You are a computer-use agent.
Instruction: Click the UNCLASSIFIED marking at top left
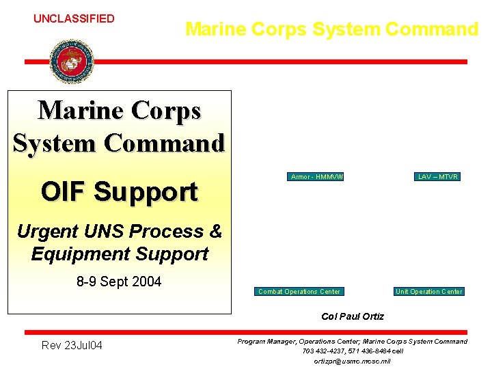tap(74, 18)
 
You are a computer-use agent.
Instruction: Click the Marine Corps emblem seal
tap(71, 61)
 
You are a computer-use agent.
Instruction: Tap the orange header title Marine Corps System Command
tap(331, 29)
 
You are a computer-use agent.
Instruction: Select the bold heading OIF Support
tap(119, 191)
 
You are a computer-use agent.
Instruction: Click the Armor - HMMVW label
tap(316, 177)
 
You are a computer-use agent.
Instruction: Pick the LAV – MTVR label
tap(438, 177)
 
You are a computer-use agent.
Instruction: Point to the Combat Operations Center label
tap(299, 292)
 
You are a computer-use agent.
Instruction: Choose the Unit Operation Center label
tap(428, 292)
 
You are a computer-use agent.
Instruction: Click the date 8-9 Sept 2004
tap(119, 282)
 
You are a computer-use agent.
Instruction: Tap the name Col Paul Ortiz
tap(352, 316)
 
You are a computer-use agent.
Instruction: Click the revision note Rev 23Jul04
tap(72, 346)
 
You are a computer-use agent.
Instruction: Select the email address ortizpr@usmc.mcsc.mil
tap(352, 361)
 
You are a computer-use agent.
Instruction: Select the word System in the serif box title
tap(49, 143)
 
